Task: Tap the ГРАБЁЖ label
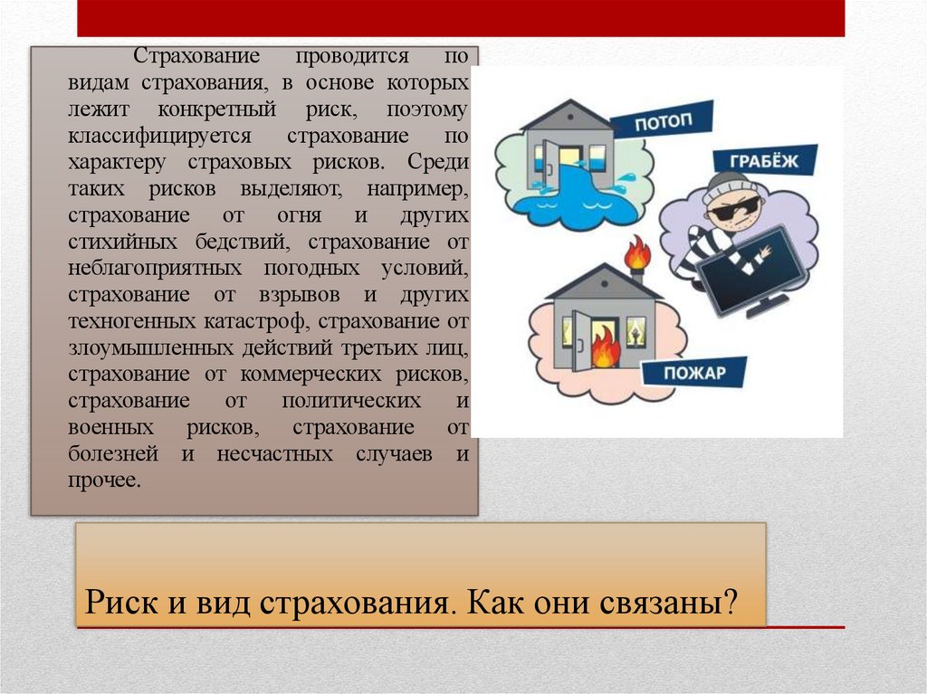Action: coord(760,161)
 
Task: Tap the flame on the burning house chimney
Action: coord(638,252)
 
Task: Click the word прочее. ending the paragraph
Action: coord(104,480)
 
